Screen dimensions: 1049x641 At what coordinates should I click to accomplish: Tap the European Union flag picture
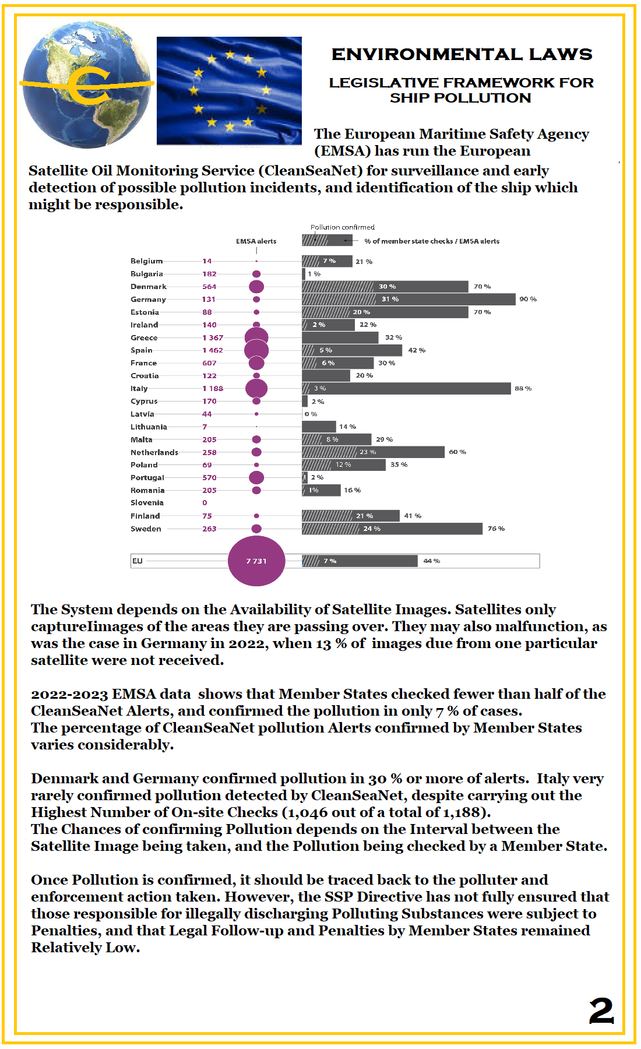coord(229,90)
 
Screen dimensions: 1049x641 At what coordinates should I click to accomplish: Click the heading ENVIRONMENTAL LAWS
coord(462,55)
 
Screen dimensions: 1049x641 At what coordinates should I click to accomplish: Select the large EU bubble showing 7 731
coord(256,561)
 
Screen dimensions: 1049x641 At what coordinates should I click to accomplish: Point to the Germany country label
coord(148,300)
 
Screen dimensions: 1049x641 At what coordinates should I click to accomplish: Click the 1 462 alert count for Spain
coord(212,350)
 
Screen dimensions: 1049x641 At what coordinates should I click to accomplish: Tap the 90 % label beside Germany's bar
coord(528,299)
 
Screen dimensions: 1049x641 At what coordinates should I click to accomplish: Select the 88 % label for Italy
coord(523,388)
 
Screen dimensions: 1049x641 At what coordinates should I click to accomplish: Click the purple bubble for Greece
coord(256,337)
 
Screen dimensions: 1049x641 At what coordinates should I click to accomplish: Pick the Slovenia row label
coord(147,503)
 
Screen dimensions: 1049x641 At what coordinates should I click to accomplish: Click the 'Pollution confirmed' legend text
coord(342,227)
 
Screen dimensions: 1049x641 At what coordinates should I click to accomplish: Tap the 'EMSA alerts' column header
coord(256,241)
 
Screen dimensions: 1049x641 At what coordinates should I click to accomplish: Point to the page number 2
coord(601,1011)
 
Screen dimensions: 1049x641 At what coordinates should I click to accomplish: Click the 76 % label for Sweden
coord(496,529)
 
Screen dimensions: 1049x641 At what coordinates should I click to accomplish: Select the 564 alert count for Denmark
coord(209,287)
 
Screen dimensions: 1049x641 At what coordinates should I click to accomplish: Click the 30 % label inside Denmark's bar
coord(387,287)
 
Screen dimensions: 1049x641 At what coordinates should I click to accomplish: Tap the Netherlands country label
coord(154,452)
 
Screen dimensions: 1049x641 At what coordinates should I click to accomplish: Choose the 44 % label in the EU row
coord(432,561)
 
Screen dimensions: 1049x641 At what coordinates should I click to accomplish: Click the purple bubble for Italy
coord(256,388)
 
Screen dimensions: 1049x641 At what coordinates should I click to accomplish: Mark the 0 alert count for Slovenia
coord(205,503)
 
